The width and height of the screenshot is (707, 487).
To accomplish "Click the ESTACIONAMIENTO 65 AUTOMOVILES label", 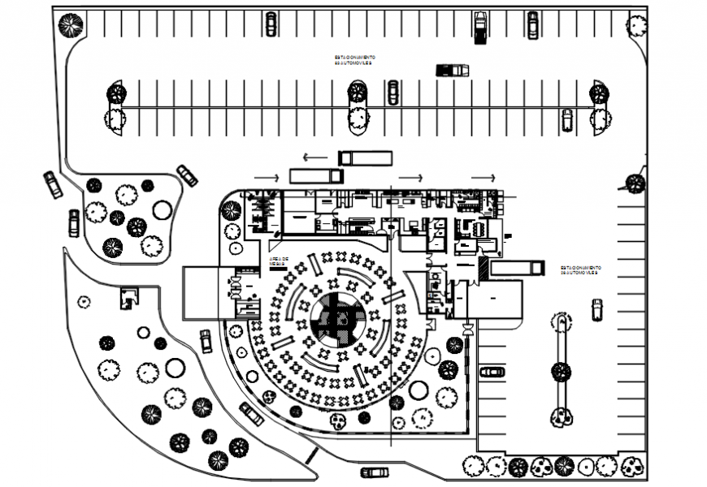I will tap(353, 60).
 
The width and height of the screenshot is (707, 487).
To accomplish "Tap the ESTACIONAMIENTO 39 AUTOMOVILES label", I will tap(579, 270).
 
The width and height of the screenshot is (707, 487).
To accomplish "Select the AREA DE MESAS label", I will tap(279, 261).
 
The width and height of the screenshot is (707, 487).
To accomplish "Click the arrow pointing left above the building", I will tap(314, 157).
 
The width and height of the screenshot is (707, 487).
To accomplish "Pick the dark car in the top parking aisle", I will tap(453, 70).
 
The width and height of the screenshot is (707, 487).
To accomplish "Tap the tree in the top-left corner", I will tap(72, 26).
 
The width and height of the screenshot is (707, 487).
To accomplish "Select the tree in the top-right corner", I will tap(636, 25).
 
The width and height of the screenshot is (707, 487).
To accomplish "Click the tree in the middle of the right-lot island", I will tap(561, 372).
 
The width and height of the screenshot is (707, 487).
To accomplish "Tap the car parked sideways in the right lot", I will tap(492, 372).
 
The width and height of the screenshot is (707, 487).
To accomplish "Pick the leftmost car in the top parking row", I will tap(271, 24).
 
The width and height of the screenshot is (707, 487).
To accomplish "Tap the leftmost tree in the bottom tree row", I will tap(474, 466).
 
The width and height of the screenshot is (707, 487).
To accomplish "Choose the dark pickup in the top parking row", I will tap(480, 28).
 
